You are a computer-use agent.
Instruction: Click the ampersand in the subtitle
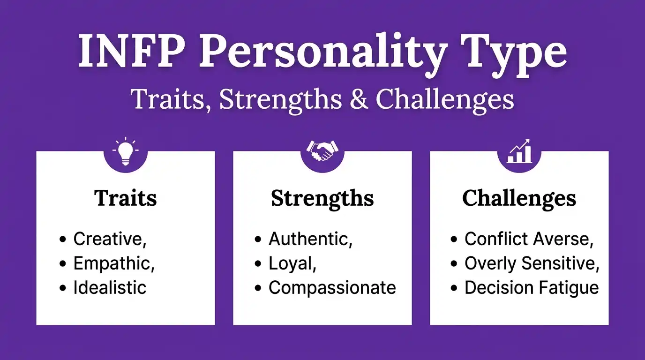pos(359,99)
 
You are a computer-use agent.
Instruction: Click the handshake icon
pos(322,150)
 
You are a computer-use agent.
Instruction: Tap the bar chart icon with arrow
pos(519,151)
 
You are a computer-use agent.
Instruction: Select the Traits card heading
pos(125,198)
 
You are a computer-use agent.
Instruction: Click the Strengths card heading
pos(322,198)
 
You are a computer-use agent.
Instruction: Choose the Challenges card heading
pos(519,198)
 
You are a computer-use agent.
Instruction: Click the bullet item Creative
pos(110,239)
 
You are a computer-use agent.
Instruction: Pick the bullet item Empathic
pos(114,263)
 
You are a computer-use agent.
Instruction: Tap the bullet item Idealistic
pos(110,287)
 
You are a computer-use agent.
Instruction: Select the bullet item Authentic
pos(310,239)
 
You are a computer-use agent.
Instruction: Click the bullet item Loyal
pos(292,263)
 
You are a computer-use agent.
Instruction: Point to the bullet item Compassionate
pos(332,287)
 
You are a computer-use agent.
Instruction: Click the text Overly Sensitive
pos(532,263)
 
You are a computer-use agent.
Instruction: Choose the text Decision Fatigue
pos(532,287)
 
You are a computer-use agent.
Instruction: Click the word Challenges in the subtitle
pos(444,99)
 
